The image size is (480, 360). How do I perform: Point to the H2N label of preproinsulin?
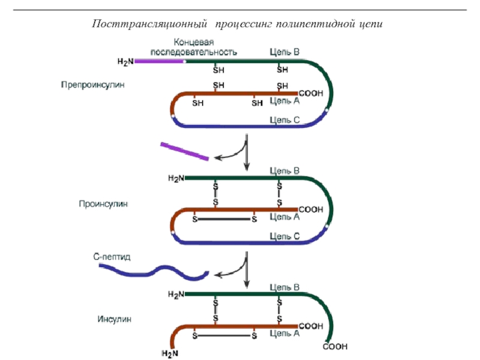click(x=125, y=61)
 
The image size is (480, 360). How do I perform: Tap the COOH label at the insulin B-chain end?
click(x=335, y=347)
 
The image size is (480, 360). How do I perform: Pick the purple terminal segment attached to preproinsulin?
click(x=160, y=61)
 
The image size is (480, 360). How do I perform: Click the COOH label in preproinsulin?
click(x=311, y=94)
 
